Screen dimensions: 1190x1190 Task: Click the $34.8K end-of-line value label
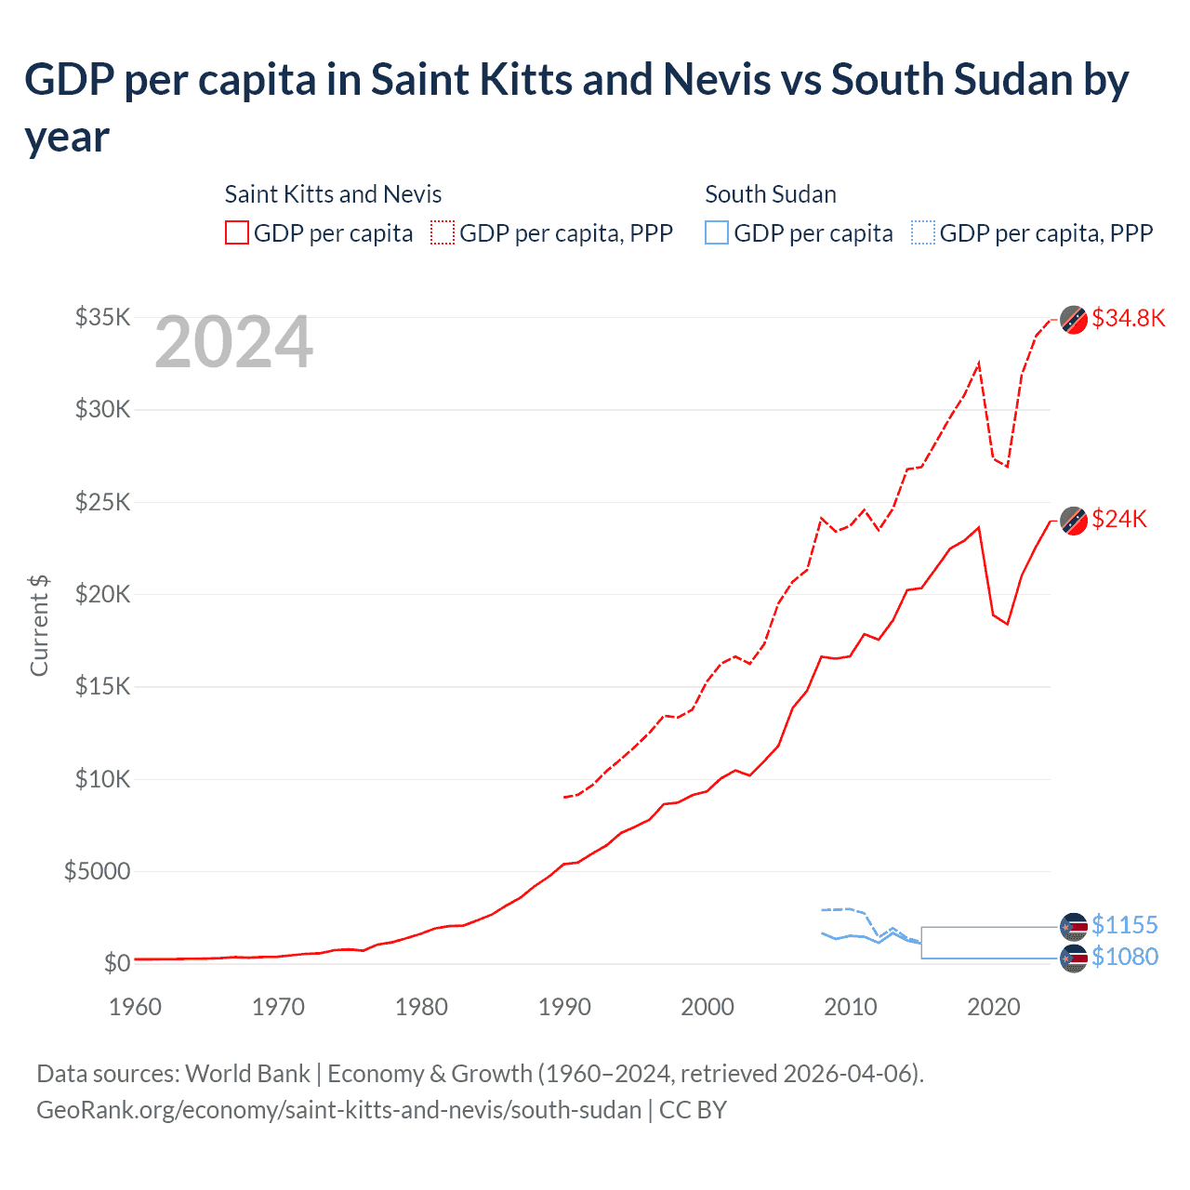click(1128, 318)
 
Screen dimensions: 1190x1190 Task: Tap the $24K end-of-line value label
click(1119, 519)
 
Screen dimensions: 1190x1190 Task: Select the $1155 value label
click(1124, 925)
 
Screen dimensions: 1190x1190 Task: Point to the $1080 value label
click(1124, 957)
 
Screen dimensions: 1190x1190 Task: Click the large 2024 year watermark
click(233, 342)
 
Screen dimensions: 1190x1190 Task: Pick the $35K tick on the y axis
click(103, 317)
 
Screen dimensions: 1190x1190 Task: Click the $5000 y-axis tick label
click(98, 871)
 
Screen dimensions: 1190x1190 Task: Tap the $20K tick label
click(103, 594)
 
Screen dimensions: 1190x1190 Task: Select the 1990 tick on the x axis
click(564, 1007)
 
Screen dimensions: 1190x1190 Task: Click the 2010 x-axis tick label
click(851, 1007)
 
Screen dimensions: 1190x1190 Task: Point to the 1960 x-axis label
click(136, 1007)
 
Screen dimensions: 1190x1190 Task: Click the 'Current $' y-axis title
click(39, 626)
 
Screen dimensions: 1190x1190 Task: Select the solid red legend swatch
click(237, 232)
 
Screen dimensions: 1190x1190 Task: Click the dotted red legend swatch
click(443, 232)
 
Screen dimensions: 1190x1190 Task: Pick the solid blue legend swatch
click(717, 232)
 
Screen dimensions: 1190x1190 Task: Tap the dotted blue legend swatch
click(923, 232)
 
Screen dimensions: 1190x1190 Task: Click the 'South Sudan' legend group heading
click(770, 194)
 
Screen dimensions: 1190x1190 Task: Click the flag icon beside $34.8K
click(1074, 319)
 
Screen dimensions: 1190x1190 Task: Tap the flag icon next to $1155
click(1074, 926)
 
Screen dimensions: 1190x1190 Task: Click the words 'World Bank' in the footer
click(247, 1074)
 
